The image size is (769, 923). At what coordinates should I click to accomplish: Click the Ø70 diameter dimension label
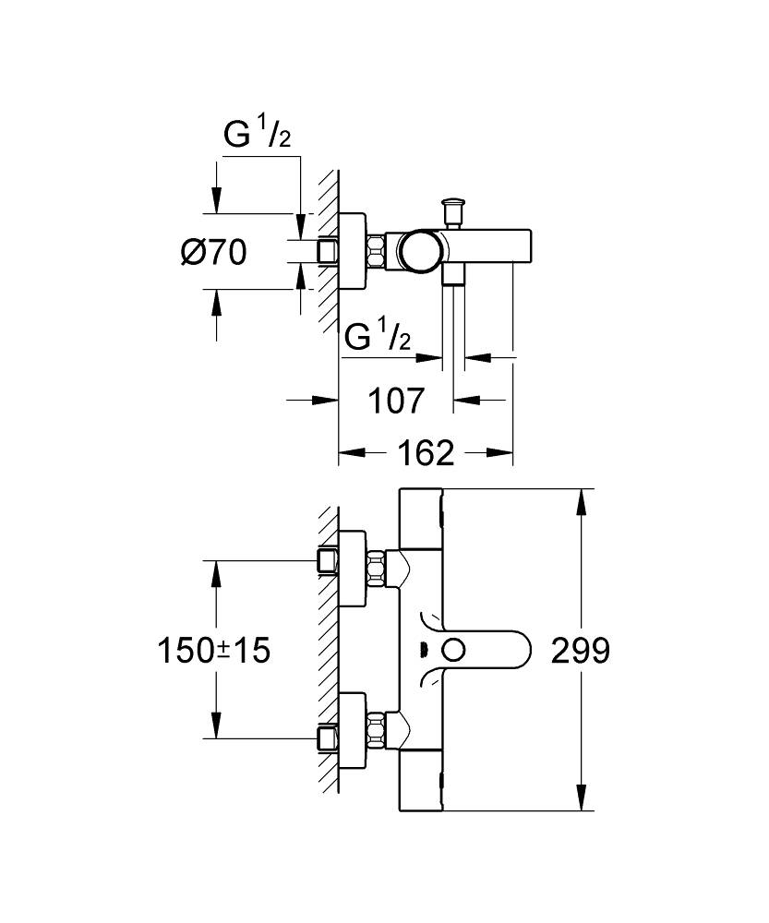pos(214,251)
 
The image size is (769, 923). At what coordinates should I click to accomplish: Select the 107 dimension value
pos(396,401)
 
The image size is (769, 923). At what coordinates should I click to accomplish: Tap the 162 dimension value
pos(427,452)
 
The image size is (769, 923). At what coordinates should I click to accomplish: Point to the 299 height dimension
pos(581,651)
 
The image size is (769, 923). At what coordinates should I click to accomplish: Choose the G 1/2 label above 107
pos(377,338)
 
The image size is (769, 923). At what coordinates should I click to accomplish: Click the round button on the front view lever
pos(452,651)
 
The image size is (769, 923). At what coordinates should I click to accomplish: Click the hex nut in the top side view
pos(378,251)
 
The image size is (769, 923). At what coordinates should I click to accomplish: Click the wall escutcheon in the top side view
pos(353,251)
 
